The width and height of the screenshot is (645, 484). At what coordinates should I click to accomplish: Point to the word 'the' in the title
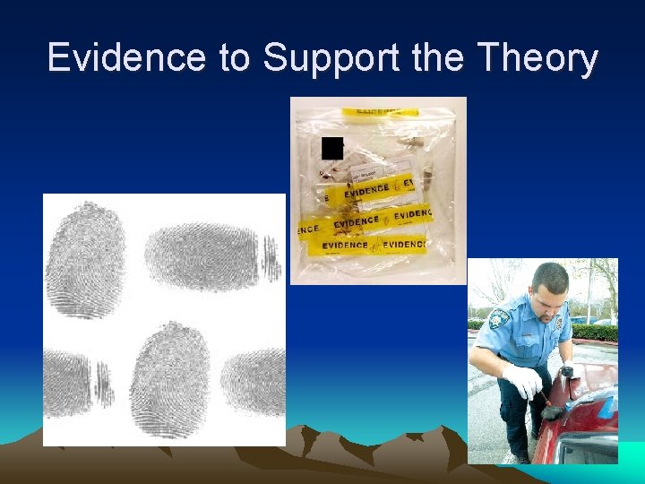click(439, 58)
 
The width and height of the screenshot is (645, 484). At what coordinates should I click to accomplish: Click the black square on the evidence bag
click(332, 149)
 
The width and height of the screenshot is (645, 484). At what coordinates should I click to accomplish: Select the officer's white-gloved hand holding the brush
click(524, 381)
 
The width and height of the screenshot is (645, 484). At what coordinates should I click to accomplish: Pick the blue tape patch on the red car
click(608, 405)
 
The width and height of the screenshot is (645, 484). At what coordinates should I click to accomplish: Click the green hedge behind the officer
click(595, 332)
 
